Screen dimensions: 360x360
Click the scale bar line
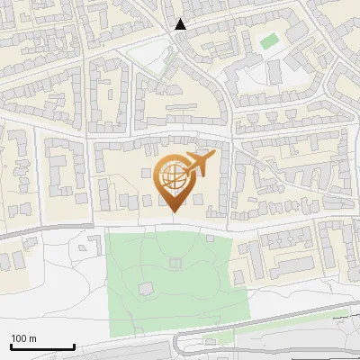tap(42, 346)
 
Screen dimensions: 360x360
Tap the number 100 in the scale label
tap(19, 338)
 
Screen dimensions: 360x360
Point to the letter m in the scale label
tap(32, 338)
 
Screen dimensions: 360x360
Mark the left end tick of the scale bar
tap(11, 345)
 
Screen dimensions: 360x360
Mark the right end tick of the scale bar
tap(74, 345)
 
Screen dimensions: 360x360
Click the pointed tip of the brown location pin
tap(174, 211)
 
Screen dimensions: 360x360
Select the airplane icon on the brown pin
tap(200, 164)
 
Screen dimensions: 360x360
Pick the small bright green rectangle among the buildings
tap(269, 41)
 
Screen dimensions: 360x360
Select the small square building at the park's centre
tap(174, 264)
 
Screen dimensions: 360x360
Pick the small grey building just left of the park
tap(90, 242)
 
